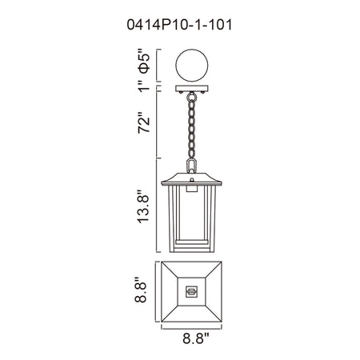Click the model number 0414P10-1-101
click(179, 25)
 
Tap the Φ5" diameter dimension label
click(143, 61)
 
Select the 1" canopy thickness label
click(144, 85)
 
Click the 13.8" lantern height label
click(142, 206)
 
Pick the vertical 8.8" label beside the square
click(140, 290)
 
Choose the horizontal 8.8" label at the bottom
click(195, 338)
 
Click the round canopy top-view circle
click(192, 66)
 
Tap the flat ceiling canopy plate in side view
click(192, 88)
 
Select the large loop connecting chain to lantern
click(191, 166)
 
